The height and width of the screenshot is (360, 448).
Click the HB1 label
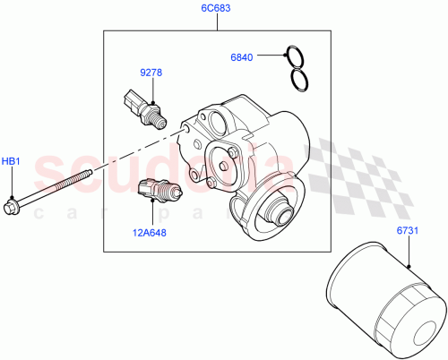click(10, 161)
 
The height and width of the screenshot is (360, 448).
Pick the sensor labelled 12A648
click(158, 191)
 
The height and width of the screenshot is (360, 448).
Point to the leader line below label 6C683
click(216, 23)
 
